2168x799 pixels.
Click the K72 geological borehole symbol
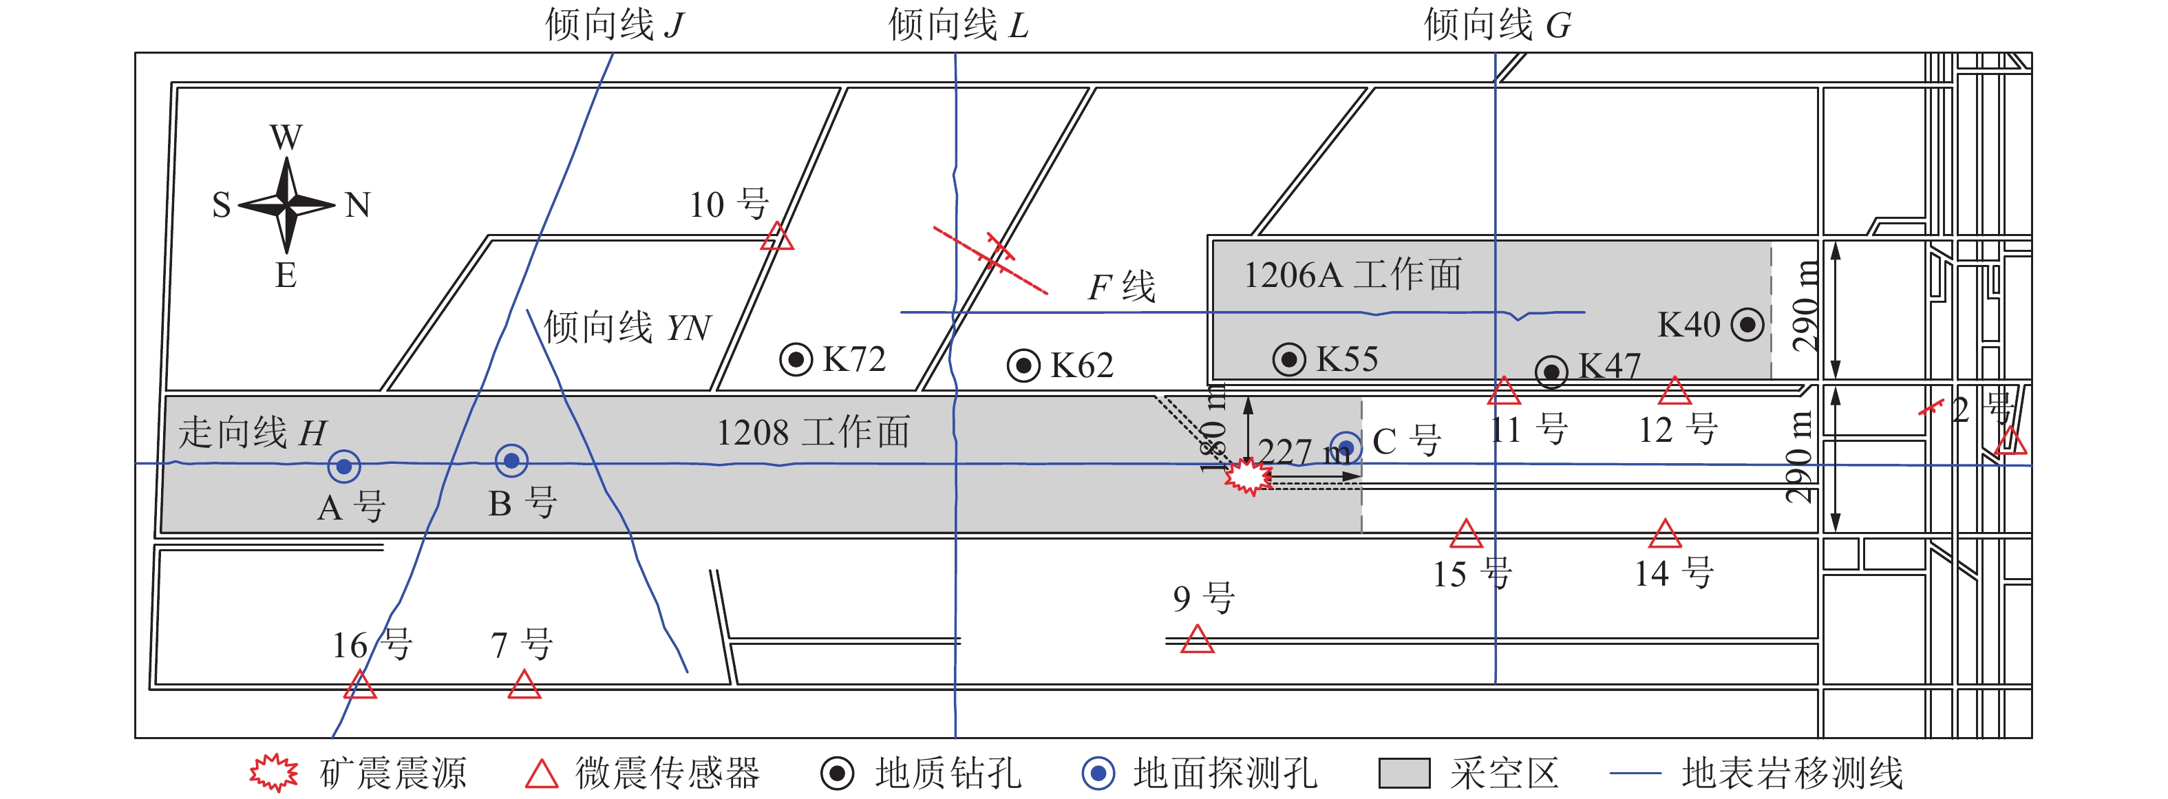pos(796,359)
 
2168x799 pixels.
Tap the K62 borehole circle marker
pos(1023,365)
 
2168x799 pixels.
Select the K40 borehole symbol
pos(1747,324)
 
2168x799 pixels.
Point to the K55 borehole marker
pos(1288,359)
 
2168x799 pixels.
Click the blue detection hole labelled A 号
pos(343,466)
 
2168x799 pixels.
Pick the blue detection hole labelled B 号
pos(511,460)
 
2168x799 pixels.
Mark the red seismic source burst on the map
pos(1247,476)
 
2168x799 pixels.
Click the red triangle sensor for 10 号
pos(777,238)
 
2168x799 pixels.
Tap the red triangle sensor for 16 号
pos(360,686)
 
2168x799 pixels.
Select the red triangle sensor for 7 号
pos(524,686)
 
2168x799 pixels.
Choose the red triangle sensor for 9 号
pos(1197,641)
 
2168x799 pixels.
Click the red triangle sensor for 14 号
pos(1665,535)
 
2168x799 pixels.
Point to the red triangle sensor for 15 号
pos(1466,535)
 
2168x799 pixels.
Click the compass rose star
pos(287,204)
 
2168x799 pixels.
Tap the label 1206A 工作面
pos(1352,275)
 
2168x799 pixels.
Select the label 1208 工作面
pos(813,433)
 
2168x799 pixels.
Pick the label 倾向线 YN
pos(627,328)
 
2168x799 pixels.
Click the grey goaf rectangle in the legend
pos(1404,773)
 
